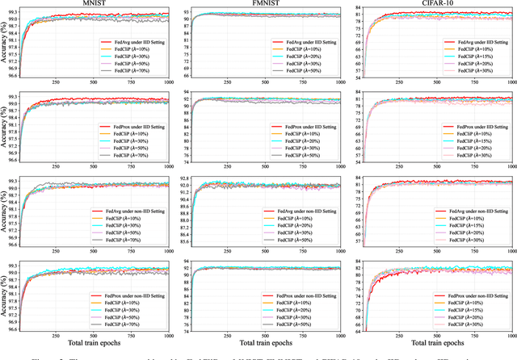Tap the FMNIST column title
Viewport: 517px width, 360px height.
pyautogui.click(x=274, y=4)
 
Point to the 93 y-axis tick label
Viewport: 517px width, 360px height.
pyautogui.click(x=187, y=12)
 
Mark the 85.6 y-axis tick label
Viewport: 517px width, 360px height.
pyautogui.click(x=184, y=242)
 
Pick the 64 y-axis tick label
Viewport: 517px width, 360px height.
pyautogui.click(x=360, y=329)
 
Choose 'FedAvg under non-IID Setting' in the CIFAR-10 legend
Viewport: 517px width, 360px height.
pyautogui.click(x=478, y=210)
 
